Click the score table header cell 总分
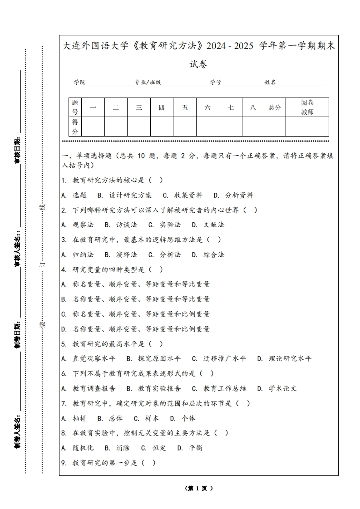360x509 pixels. click(x=275, y=108)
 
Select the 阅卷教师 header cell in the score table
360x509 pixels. click(x=307, y=108)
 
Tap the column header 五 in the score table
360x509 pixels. click(x=185, y=108)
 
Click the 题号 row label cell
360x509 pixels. click(x=75, y=108)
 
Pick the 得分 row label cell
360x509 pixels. click(x=75, y=127)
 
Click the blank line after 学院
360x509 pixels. click(x=109, y=83)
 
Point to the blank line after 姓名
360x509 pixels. click(x=301, y=83)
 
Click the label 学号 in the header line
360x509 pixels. click(x=216, y=83)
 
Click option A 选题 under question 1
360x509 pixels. click(x=74, y=195)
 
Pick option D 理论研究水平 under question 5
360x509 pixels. click(x=284, y=358)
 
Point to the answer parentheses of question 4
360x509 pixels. click(x=155, y=269)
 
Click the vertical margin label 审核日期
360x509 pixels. click(x=18, y=150)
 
